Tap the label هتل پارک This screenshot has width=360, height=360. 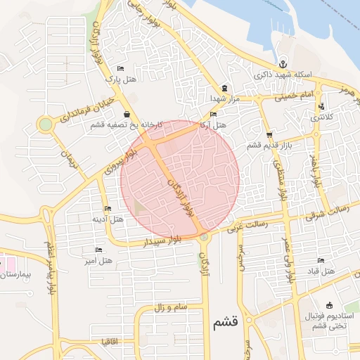pyautogui.click(x=120, y=79)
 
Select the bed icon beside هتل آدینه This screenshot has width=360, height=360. pyautogui.click(x=107, y=209)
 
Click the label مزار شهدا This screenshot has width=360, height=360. pyautogui.click(x=224, y=98)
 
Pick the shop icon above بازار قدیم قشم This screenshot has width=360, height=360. pyautogui.click(x=270, y=134)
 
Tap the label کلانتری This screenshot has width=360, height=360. pyautogui.click(x=323, y=117)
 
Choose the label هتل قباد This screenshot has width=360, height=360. pyautogui.click(x=309, y=271)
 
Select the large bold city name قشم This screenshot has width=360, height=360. pyautogui.click(x=224, y=323)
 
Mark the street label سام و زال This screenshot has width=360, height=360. pyautogui.click(x=169, y=307)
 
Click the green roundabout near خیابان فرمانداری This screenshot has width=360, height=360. pyautogui.click(x=46, y=125)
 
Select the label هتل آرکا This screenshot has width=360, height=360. pyautogui.click(x=212, y=124)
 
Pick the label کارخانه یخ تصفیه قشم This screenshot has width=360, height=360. pyautogui.click(x=126, y=124)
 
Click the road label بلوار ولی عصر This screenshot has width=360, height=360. pyautogui.click(x=288, y=259)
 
